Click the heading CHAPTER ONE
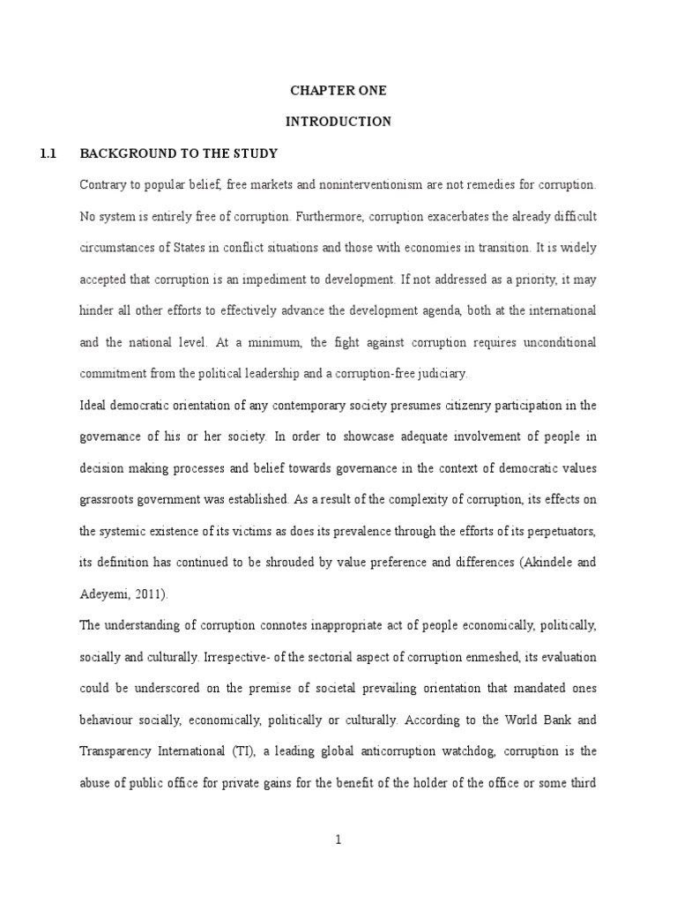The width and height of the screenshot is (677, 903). pyautogui.click(x=338, y=91)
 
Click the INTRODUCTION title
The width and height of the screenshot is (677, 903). pyautogui.click(x=338, y=122)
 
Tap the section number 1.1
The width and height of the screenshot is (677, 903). pyautogui.click(x=48, y=153)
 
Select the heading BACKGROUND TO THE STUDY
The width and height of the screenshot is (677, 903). pyautogui.click(x=179, y=153)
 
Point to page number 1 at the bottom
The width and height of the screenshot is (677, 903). pyautogui.click(x=338, y=840)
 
